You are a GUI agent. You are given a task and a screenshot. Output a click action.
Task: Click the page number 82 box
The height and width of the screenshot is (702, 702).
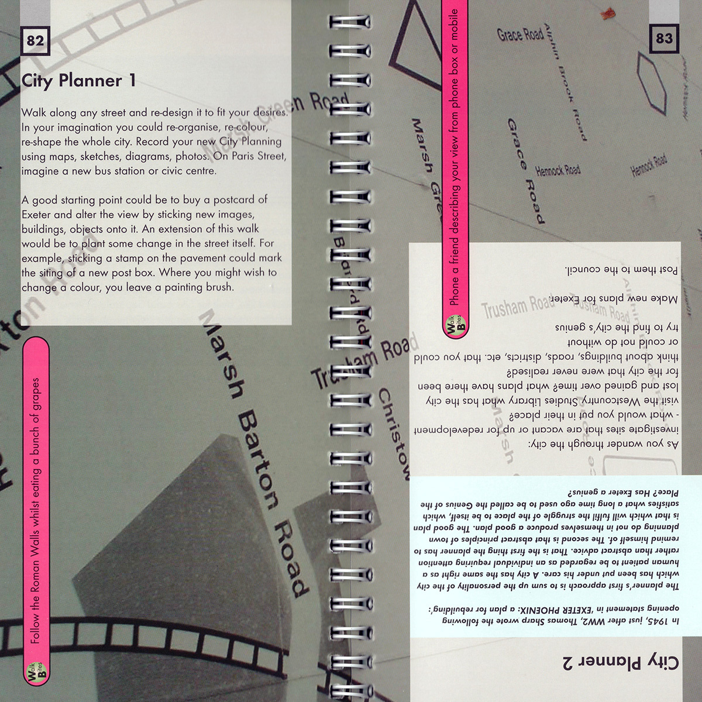pos(35,40)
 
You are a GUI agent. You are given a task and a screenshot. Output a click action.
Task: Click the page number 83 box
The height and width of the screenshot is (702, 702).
pos(663,39)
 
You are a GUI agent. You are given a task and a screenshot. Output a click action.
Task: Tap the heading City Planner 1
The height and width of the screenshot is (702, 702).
pos(78,81)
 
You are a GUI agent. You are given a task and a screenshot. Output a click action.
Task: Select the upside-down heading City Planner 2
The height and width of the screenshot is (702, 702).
pos(621,662)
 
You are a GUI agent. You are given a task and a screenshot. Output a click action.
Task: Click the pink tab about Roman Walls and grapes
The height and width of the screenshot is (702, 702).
pos(35,509)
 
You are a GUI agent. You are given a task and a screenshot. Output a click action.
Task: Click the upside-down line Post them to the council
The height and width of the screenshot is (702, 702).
pos(621,270)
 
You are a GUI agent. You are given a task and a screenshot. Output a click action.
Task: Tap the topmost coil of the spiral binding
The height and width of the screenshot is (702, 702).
pos(350,22)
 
